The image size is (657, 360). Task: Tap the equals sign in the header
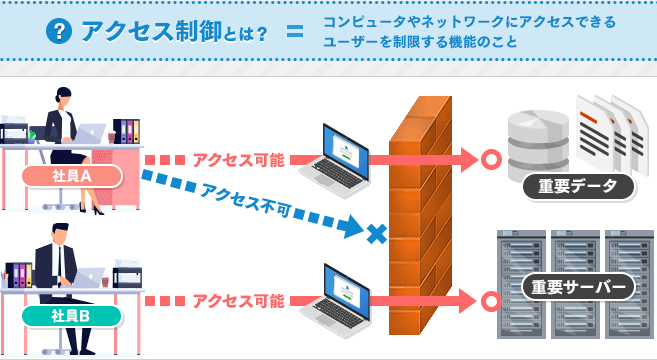[x=293, y=33]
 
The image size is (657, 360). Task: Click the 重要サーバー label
[x=579, y=287]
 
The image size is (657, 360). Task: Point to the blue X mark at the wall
[x=375, y=234]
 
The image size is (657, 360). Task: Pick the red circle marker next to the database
[x=490, y=159]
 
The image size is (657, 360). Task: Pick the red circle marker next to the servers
[x=490, y=300]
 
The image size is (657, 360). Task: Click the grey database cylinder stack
[x=536, y=141]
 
